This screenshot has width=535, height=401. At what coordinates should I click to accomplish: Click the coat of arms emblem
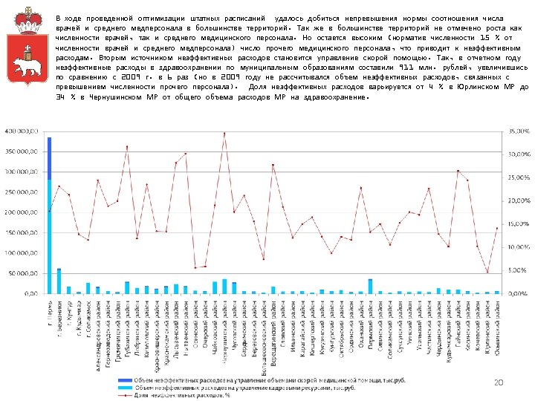coord(27,53)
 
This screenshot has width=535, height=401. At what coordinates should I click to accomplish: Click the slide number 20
coord(498,382)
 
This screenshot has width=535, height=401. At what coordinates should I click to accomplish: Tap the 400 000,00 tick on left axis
coord(22,131)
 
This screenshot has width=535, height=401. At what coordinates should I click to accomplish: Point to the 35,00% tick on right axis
coord(519,131)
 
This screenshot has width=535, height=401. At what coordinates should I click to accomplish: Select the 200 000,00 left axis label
coord(22,212)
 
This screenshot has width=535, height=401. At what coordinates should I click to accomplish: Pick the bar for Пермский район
coord(370,286)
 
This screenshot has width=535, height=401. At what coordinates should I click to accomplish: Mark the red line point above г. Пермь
coord(50,211)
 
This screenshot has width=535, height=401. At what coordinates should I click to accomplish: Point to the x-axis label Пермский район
coord(370,322)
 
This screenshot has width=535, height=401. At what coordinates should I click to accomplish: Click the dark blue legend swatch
coord(123,379)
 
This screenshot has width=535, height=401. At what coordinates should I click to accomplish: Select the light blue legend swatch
coord(123,387)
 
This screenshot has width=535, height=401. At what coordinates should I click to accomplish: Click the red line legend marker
coord(123,394)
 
